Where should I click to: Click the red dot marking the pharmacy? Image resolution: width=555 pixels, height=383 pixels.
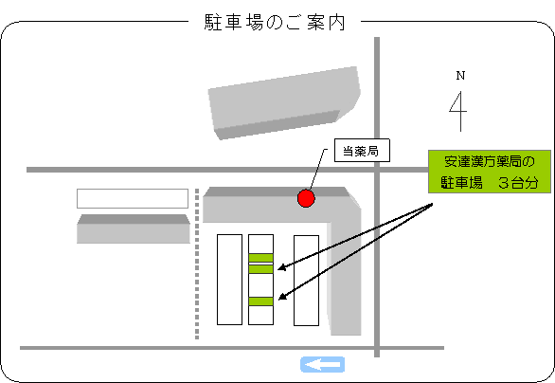(x=306, y=198)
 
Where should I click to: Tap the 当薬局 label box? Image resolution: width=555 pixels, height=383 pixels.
(x=362, y=150)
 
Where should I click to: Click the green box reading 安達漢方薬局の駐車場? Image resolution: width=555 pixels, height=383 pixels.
(x=490, y=172)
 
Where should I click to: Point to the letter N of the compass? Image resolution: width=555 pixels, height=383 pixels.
(x=460, y=76)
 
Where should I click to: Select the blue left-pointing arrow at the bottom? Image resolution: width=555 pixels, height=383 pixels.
(x=322, y=365)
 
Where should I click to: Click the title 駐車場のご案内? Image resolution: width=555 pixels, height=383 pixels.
(x=275, y=23)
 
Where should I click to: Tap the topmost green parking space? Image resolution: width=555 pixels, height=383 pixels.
(x=260, y=258)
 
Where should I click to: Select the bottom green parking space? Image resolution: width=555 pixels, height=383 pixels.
(x=260, y=301)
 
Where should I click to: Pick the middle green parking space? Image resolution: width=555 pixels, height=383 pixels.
(x=260, y=269)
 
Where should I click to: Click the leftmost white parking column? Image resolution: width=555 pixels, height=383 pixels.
(x=230, y=280)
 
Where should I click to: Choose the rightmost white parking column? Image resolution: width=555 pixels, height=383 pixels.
(x=307, y=281)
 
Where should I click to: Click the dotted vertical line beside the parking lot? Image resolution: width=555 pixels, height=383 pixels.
(x=197, y=264)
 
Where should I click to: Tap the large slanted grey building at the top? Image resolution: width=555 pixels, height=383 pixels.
(x=284, y=102)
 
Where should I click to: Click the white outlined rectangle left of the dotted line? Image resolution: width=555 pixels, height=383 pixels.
(x=133, y=198)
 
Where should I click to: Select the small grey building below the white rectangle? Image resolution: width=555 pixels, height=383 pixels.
(x=134, y=228)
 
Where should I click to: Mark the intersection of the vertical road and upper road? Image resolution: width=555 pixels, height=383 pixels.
(x=377, y=170)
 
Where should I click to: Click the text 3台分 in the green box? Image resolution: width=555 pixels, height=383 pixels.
(x=518, y=183)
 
